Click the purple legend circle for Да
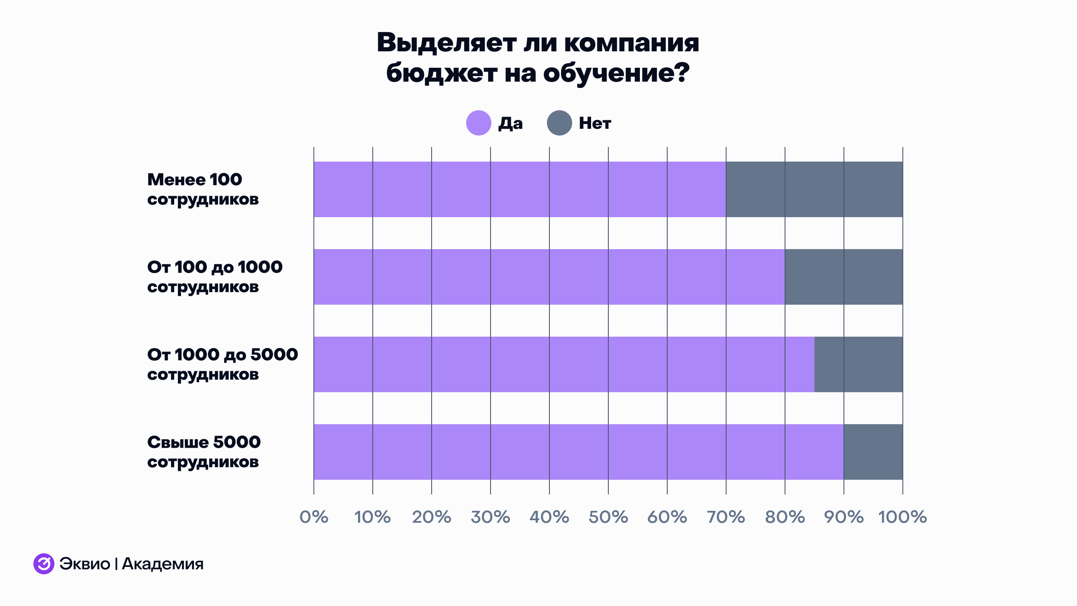(478, 123)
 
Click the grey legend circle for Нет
(559, 123)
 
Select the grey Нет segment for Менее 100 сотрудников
(814, 189)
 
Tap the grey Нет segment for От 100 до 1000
(844, 277)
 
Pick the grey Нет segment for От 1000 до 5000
(858, 364)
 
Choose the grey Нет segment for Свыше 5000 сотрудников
(873, 452)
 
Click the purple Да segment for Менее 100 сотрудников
(520, 189)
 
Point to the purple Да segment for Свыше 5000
(578, 452)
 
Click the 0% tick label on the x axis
(314, 517)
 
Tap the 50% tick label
(608, 517)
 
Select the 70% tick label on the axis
(726, 517)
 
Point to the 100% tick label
(903, 517)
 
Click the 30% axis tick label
(491, 517)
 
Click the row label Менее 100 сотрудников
(203, 189)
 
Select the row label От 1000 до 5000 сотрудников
(222, 364)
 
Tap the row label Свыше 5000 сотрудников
(204, 452)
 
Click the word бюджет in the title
(442, 73)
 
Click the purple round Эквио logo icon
(44, 564)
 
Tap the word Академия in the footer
(162, 564)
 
